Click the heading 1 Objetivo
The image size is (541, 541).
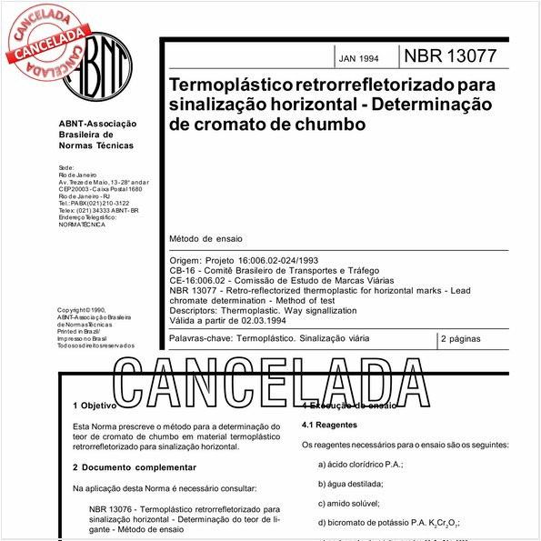click(x=95, y=406)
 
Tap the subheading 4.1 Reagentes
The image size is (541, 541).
click(x=328, y=425)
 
